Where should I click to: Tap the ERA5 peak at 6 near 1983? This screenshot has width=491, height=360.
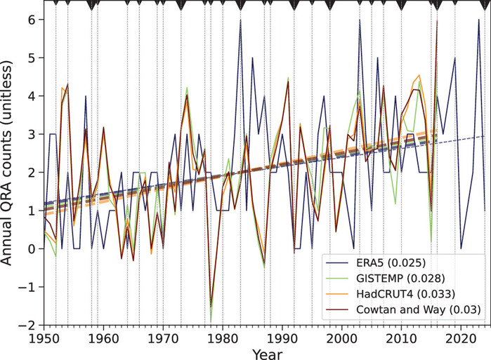[240, 20]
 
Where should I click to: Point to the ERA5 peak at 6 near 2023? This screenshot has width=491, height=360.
[478, 20]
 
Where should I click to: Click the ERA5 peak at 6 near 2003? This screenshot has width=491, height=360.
[360, 20]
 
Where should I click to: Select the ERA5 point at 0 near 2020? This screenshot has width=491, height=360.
[461, 248]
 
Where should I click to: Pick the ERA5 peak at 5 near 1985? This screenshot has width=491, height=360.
[252, 58]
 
